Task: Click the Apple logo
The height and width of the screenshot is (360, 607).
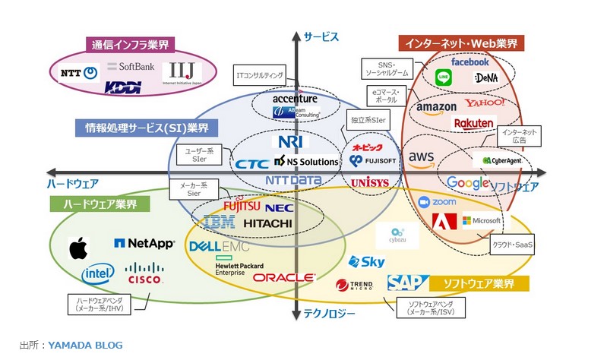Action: [78, 248]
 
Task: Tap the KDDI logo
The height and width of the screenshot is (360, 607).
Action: [123, 88]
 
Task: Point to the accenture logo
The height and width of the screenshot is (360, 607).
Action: [295, 99]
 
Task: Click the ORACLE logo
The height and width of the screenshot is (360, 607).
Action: [284, 278]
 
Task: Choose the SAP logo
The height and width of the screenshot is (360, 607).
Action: [403, 283]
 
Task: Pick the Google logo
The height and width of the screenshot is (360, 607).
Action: [467, 183]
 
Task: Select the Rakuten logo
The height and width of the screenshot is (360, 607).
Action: [473, 123]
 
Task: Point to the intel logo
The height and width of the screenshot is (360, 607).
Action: [98, 273]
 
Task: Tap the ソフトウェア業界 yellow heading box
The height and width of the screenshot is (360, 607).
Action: [478, 284]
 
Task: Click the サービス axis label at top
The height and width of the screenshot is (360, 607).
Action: [320, 36]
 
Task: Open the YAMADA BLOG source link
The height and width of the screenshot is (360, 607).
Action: [85, 345]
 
